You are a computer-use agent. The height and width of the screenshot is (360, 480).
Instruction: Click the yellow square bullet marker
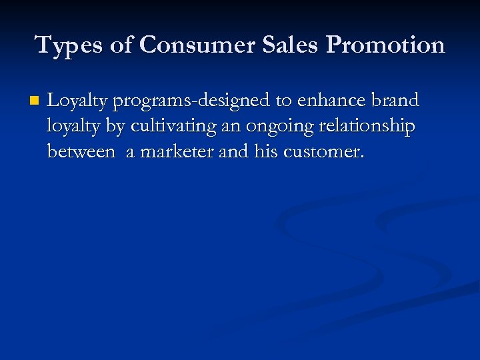click(34, 101)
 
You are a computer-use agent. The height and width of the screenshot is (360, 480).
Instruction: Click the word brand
click(395, 101)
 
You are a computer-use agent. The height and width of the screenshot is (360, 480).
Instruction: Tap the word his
click(267, 151)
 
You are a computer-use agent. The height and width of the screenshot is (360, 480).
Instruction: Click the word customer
click(324, 152)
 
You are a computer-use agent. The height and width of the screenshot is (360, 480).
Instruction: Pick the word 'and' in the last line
click(233, 151)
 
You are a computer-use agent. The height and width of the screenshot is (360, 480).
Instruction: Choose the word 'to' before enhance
click(283, 101)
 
